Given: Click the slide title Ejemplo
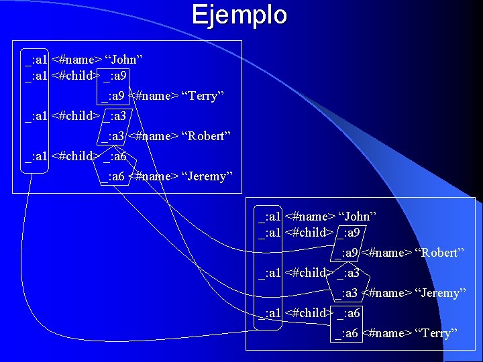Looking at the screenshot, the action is tap(239, 15).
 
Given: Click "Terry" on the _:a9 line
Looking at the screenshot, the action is tap(202, 96).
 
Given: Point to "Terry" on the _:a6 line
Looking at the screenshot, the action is tap(436, 333).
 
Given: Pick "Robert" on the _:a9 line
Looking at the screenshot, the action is tap(440, 253).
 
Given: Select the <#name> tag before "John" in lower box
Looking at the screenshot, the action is tap(309, 217).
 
